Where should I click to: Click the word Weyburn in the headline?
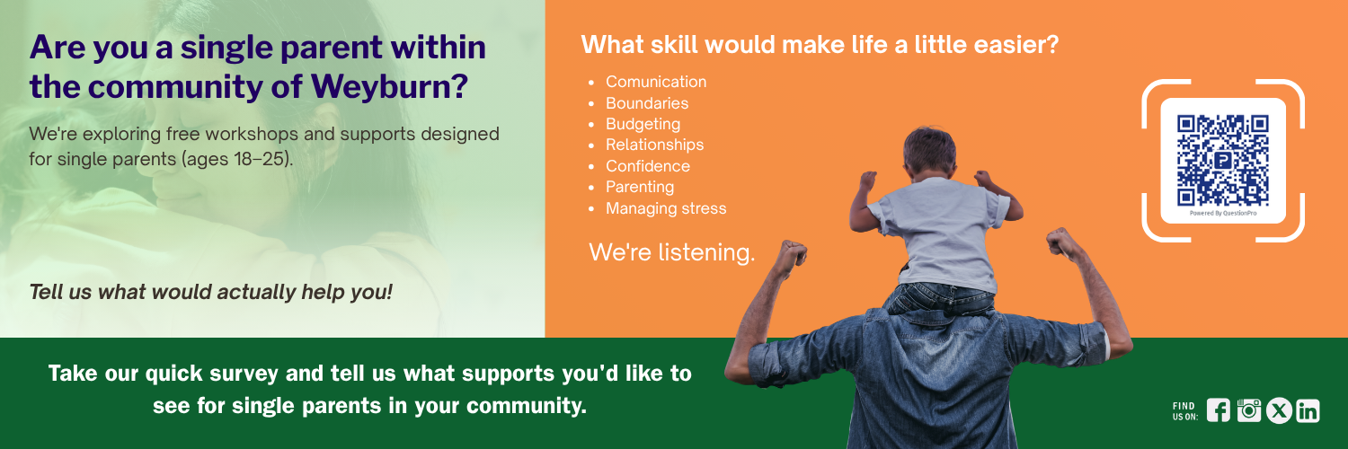point(389,86)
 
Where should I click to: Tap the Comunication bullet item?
point(656,82)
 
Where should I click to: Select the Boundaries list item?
point(647,103)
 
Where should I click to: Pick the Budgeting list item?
point(643,125)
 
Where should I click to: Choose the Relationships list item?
point(655,145)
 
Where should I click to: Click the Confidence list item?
point(648,166)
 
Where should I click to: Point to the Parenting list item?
point(640,187)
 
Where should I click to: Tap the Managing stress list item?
point(666,208)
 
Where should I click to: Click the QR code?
point(1223,161)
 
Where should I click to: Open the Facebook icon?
point(1218,410)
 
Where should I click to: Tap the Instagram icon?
point(1249,410)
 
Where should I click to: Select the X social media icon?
point(1279,411)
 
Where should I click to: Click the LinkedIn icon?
point(1308,411)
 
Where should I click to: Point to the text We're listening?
point(671,252)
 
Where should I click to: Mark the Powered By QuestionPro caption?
point(1223,214)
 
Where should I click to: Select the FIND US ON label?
point(1184,411)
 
